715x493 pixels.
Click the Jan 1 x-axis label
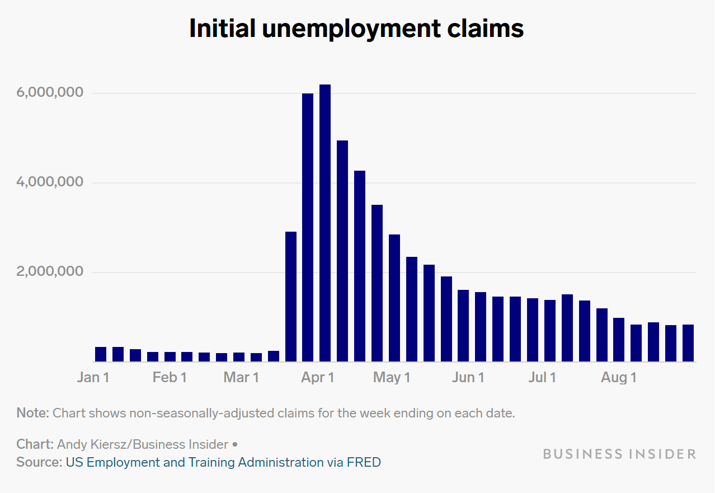pos(93,378)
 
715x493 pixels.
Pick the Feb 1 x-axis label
pos(169,378)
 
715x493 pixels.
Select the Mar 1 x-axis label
pos(241,378)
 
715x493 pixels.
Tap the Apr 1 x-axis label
pos(317,378)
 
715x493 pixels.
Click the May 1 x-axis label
pos(392,378)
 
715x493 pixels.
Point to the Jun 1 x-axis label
pos(468,378)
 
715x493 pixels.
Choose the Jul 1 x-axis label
pos(542,378)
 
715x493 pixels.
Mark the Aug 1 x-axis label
pos(618,378)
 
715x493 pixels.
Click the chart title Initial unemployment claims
pos(356,29)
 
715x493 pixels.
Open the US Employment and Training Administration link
pos(194,463)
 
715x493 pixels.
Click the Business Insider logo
pos(619,454)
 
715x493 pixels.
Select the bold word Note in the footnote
pos(32,414)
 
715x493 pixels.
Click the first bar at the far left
pos(101,354)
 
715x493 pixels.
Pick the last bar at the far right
pos(688,343)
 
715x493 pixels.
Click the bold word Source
pos(37,463)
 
